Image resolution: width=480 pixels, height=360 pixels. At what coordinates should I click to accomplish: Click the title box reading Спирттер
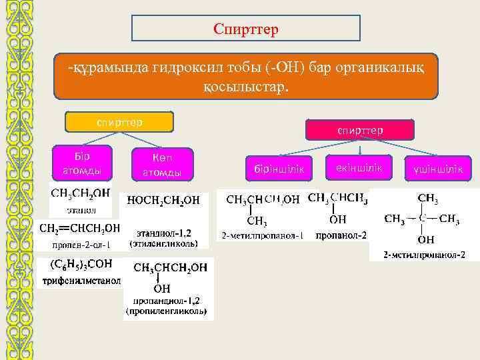coord(246,29)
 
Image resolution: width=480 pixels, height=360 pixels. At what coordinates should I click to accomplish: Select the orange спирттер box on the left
coord(119,122)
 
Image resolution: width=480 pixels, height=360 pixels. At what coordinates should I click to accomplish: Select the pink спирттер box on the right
coord(360,130)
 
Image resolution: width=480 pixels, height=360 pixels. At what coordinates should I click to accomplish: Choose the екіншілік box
coord(356,168)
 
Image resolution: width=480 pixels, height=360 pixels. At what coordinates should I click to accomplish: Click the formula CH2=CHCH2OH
coord(80,228)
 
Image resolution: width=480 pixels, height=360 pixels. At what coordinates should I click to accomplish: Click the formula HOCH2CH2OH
coord(163,200)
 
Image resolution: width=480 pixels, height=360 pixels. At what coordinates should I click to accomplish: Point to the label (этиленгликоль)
coord(163,244)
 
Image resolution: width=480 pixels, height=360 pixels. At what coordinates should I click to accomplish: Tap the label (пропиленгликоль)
coord(167,311)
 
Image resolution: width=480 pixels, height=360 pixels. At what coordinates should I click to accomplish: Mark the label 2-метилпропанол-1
coord(263,236)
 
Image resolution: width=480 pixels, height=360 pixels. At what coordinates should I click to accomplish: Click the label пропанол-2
coord(341,236)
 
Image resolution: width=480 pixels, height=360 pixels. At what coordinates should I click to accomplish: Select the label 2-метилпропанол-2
coord(424,255)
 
